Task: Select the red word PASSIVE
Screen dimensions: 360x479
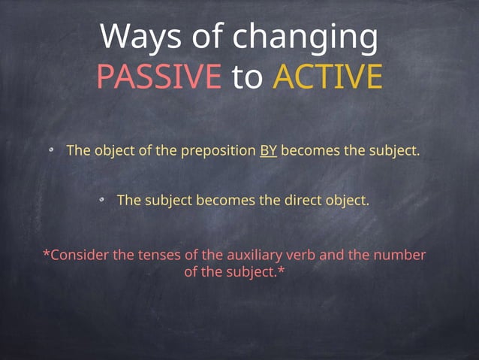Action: click(x=158, y=77)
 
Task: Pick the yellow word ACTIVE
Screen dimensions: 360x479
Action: click(x=327, y=77)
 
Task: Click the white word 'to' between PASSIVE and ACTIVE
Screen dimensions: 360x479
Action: click(x=247, y=77)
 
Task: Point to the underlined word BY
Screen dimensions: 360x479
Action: click(x=269, y=150)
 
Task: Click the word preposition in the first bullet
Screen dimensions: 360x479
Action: click(x=217, y=151)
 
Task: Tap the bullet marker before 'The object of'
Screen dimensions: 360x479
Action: click(x=52, y=151)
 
